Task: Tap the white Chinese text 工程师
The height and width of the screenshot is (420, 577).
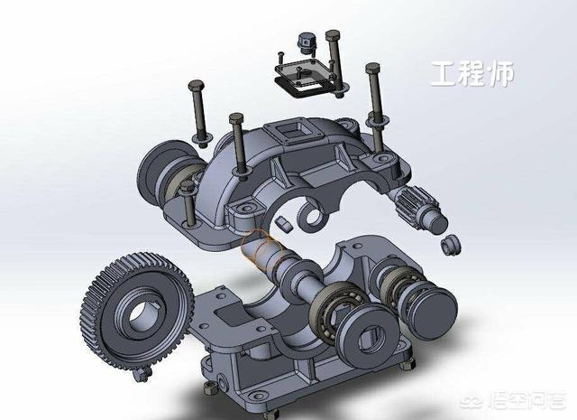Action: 472,74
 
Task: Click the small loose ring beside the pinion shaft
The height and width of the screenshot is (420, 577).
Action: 451,244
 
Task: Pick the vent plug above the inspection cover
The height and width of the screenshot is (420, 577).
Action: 307,43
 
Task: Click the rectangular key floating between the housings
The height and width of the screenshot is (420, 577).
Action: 283,224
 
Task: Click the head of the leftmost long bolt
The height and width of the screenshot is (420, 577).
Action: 197,86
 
